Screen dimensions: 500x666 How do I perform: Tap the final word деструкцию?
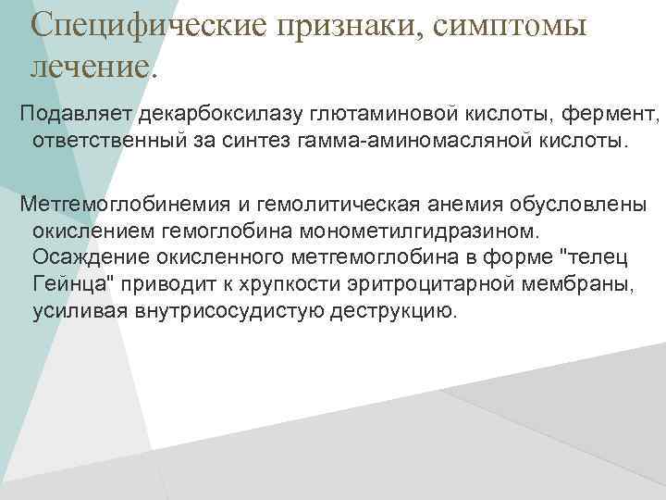(x=394, y=311)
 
